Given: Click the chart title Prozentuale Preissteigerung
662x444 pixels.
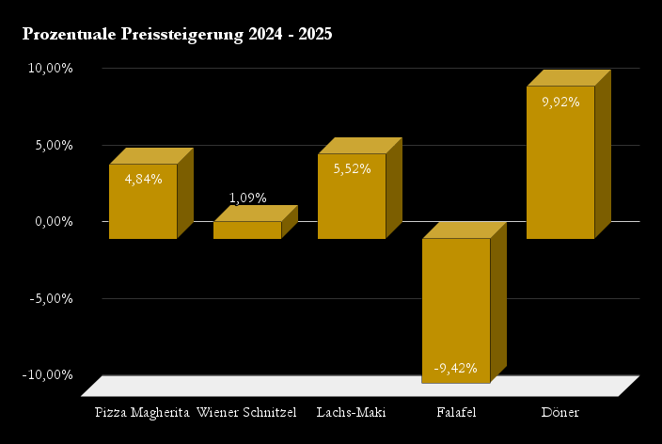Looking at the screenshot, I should click(177, 35).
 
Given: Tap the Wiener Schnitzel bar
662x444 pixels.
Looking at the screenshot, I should click(247, 230).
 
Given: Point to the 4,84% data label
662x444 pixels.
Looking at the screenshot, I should click(143, 179).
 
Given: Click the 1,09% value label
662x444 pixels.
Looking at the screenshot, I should click(248, 198).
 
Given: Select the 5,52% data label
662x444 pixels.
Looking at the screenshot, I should click(352, 168).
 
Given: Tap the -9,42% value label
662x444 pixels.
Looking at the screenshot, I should click(456, 368).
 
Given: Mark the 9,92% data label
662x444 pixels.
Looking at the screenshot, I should click(560, 102).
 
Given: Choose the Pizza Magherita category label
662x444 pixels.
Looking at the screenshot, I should click(143, 413).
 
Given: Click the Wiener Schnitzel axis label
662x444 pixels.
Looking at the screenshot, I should click(246, 413).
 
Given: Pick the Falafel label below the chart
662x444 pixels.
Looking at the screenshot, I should click(456, 413).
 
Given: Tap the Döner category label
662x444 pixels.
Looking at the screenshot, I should click(560, 413).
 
